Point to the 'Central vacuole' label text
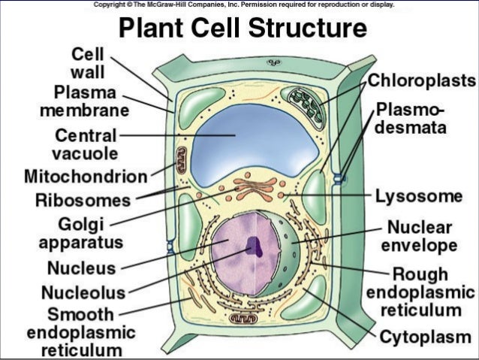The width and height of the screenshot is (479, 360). [85, 145]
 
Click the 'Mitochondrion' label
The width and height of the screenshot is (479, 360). [85, 177]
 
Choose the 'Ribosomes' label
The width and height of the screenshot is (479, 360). [83, 201]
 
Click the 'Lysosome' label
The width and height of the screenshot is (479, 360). [418, 197]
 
